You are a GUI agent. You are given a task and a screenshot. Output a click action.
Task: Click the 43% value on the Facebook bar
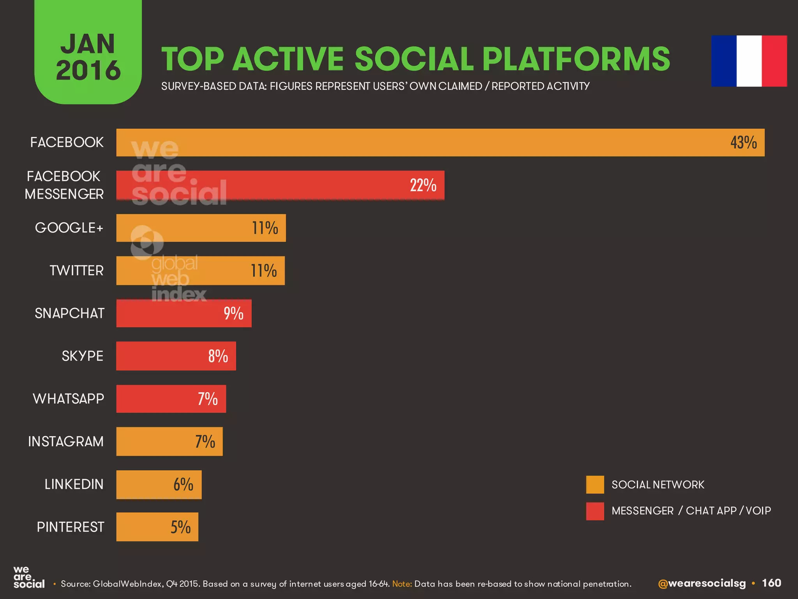point(743,142)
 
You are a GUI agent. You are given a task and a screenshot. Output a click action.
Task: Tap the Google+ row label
point(69,228)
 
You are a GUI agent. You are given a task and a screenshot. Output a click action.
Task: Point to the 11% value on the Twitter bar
point(263,271)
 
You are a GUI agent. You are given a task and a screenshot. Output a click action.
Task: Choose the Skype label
point(82,356)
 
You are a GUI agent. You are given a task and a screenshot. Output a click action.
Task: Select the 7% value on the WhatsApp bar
point(207,399)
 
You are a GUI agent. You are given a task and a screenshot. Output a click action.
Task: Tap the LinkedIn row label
point(74,484)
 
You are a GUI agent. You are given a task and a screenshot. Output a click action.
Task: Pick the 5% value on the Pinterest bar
point(180,527)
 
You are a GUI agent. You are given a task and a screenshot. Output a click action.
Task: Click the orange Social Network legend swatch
point(595,485)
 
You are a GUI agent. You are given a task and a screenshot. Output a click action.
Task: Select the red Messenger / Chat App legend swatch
point(595,511)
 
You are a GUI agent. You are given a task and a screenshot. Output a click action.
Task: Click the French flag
point(749,61)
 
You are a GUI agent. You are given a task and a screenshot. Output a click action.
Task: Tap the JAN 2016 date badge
point(88,57)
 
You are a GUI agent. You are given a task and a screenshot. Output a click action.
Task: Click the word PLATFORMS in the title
point(576,59)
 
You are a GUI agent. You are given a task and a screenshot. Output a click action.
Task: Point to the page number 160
point(771,583)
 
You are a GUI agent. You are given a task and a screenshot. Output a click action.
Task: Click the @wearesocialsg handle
point(701,583)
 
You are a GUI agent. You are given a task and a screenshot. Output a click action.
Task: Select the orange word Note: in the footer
point(402,584)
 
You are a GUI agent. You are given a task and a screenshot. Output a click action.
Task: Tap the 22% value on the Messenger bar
point(423,185)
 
